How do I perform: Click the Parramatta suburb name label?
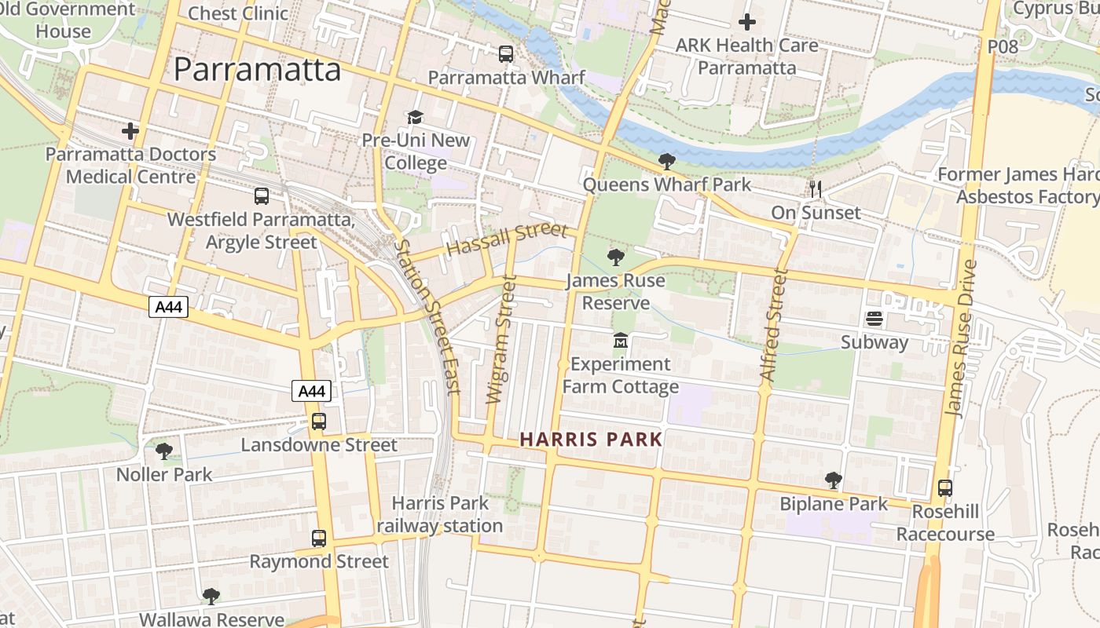tap(257, 69)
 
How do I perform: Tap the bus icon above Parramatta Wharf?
tap(506, 54)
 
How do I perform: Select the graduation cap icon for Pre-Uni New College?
tap(414, 118)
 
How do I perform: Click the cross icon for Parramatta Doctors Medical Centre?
tap(130, 130)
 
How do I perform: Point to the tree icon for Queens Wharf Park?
tap(666, 162)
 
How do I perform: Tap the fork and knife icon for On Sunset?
tap(816, 189)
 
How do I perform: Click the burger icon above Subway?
tap(874, 319)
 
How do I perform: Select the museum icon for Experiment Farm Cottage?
tap(621, 341)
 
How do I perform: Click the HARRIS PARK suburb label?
tap(591, 440)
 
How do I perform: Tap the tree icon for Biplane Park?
tap(833, 480)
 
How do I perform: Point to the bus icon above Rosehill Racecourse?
tap(945, 488)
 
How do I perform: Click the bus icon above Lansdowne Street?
tap(318, 422)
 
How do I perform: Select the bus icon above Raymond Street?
tap(318, 539)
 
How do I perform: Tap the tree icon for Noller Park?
tap(163, 451)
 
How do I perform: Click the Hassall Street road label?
tap(506, 238)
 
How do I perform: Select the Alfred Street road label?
tap(773, 326)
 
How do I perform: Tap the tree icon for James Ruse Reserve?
tap(616, 257)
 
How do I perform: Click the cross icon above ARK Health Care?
tap(746, 22)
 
